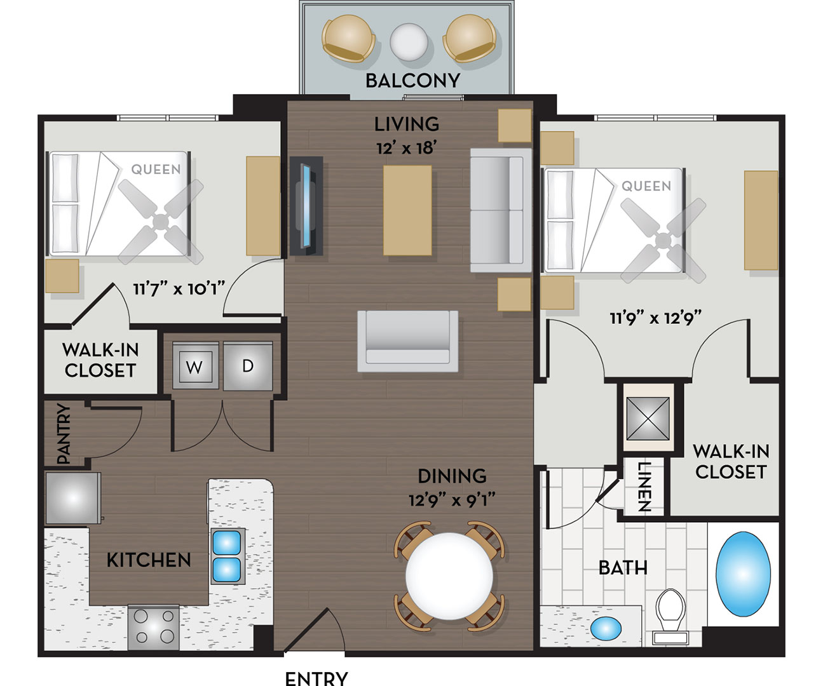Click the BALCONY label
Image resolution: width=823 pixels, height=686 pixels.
click(412, 81)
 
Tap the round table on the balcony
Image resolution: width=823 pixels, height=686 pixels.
click(409, 42)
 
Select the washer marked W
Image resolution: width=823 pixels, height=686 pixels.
click(196, 366)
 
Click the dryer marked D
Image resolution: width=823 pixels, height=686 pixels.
click(248, 366)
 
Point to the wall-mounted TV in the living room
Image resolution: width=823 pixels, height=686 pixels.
click(306, 206)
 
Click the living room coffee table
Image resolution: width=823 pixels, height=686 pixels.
click(407, 210)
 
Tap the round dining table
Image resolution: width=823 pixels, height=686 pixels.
click(449, 577)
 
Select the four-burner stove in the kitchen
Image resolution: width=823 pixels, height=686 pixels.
click(153, 628)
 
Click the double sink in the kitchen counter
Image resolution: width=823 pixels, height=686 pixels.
click(227, 556)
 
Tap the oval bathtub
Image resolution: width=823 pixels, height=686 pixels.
click(743, 574)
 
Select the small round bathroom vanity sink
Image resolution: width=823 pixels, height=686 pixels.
click(606, 628)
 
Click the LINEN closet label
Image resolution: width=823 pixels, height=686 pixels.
click(644, 487)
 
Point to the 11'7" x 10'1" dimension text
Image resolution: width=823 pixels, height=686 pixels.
click(179, 289)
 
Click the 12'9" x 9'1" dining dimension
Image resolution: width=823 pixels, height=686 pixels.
click(452, 501)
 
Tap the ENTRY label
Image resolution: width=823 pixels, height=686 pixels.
click(316, 678)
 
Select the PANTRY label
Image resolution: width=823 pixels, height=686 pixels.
click(64, 433)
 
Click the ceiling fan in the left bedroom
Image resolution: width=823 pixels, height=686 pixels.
click(160, 222)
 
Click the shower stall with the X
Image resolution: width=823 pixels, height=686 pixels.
click(648, 419)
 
